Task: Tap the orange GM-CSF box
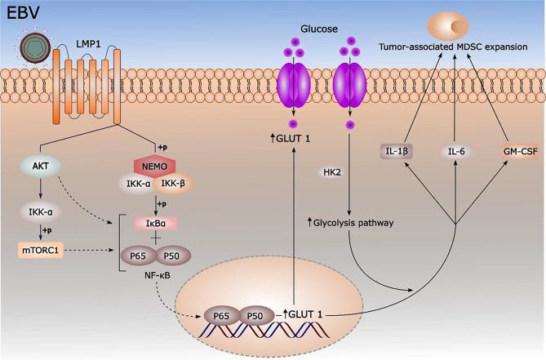520,151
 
